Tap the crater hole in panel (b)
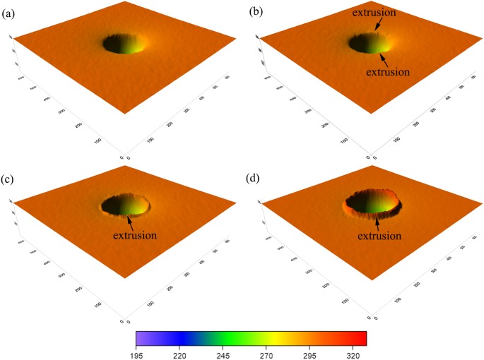368,44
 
